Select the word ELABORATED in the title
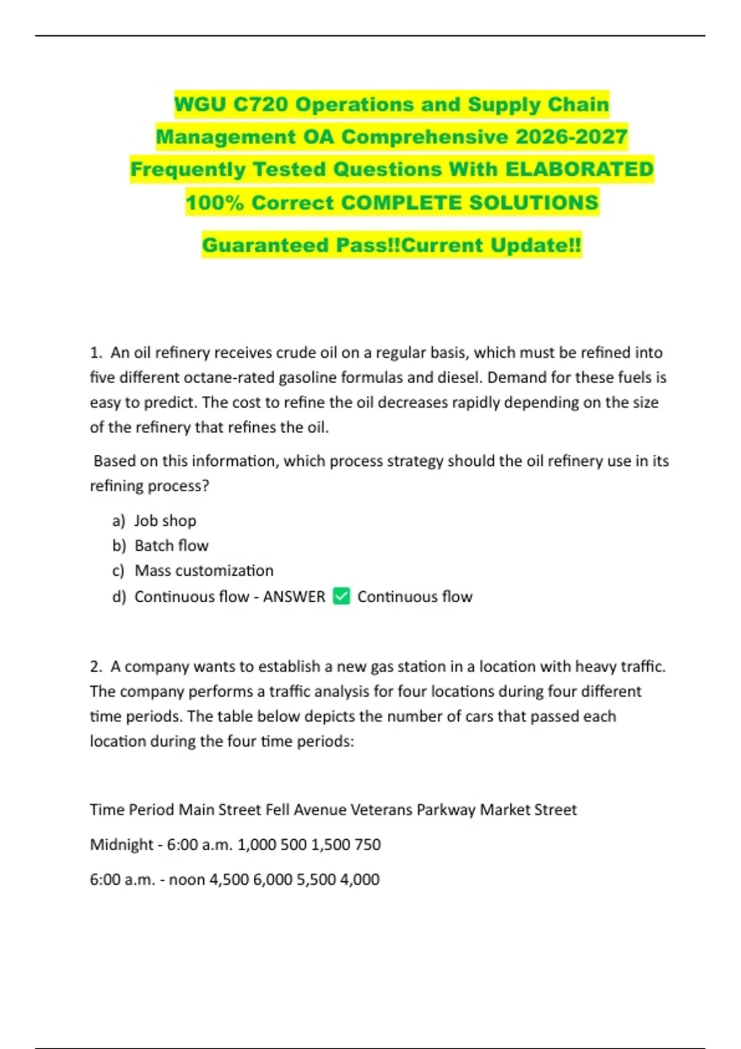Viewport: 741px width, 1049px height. [579, 169]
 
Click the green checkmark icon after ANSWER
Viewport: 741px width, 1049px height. [341, 596]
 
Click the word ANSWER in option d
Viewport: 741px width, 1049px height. [294, 597]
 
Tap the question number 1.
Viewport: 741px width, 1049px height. [95, 352]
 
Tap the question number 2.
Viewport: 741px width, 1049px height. [95, 666]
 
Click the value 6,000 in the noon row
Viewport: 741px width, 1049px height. [272, 879]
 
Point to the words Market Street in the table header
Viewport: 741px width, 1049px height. [528, 810]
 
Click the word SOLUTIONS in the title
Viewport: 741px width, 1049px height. [534, 202]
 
